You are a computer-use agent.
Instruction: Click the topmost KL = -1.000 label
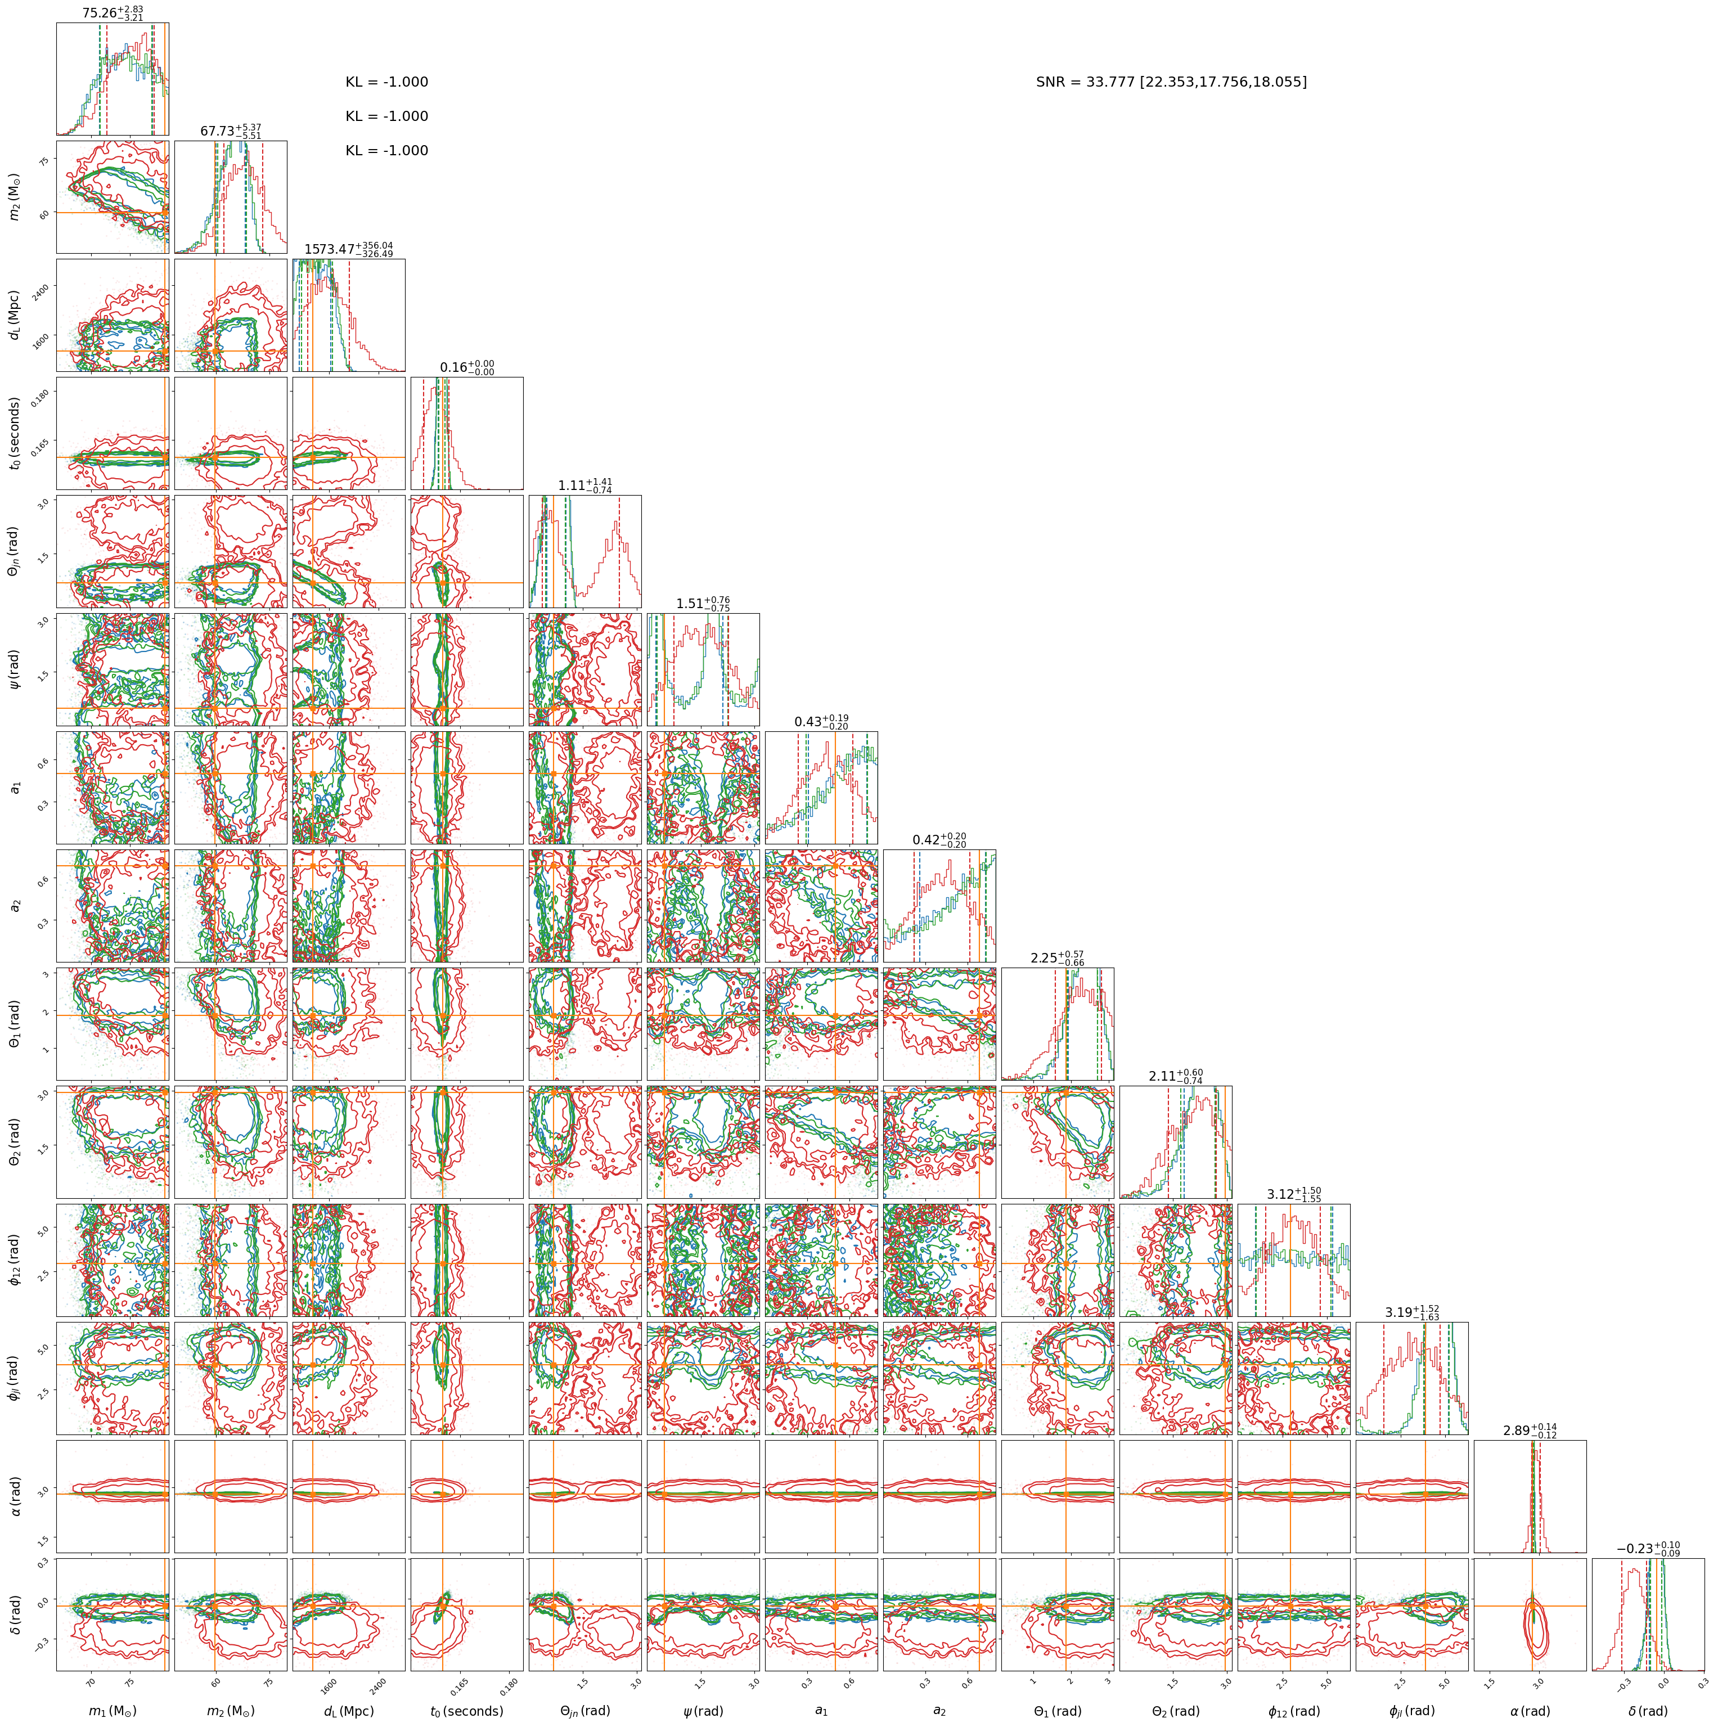[387, 82]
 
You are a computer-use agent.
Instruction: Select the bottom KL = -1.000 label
[387, 151]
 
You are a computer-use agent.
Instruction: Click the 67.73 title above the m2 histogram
[231, 132]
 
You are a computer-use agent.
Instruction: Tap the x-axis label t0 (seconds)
[466, 1711]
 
